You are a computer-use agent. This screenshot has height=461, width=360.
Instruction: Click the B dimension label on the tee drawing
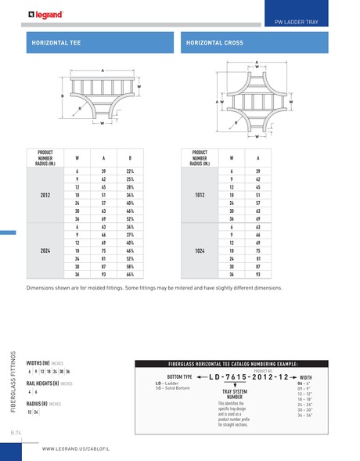(62, 96)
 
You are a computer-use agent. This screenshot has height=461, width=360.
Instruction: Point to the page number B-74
(16, 431)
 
